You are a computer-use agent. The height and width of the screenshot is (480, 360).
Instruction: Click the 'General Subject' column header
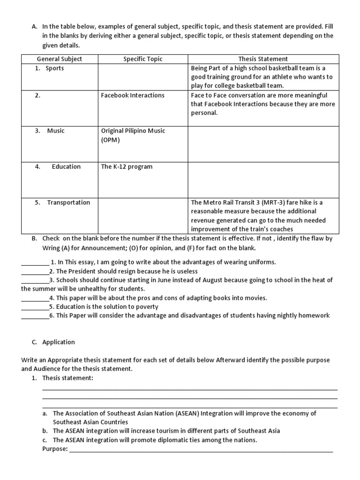tap(59, 59)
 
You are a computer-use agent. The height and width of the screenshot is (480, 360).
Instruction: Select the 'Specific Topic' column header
tap(143, 59)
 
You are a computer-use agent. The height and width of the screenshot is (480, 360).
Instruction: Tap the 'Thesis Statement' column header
tap(263, 59)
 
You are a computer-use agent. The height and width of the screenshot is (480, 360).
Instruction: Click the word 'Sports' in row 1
tap(55, 68)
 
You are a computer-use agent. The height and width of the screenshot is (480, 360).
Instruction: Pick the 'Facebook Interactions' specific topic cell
tap(133, 95)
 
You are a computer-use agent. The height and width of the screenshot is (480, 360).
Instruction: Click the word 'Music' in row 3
tap(56, 131)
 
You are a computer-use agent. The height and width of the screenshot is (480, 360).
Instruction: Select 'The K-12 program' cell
tap(127, 167)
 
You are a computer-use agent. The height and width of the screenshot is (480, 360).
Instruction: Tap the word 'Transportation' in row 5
tap(68, 202)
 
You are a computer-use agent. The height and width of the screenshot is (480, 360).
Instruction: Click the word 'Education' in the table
tap(66, 167)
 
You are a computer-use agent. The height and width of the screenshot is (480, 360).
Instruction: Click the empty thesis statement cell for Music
tap(263, 144)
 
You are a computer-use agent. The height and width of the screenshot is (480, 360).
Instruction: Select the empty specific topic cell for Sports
tap(143, 77)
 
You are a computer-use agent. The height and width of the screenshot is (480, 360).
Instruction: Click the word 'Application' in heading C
tap(59, 342)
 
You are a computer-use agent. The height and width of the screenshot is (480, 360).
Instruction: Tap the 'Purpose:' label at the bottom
tap(55, 449)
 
